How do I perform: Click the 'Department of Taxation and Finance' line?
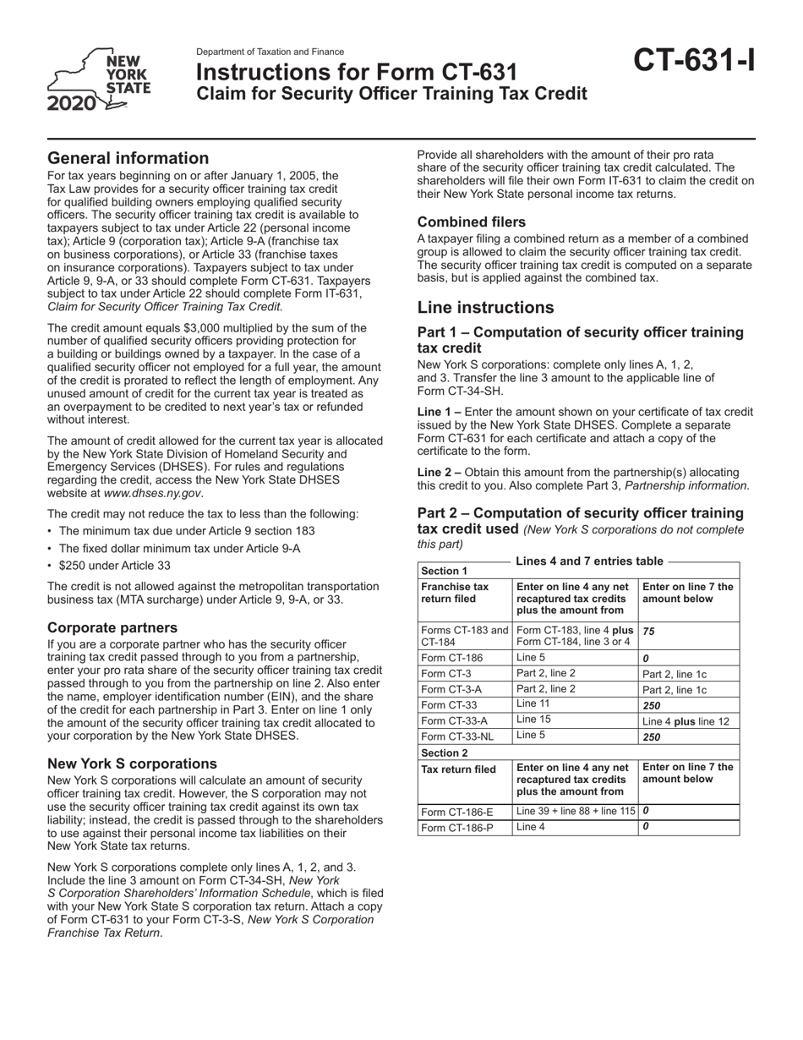pos(270,52)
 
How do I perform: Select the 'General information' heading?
pos(128,158)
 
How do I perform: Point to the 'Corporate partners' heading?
pos(112,627)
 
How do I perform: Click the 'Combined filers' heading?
pos(472,222)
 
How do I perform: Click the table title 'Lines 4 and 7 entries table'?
pos(589,561)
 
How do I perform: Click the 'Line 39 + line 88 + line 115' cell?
pos(575,811)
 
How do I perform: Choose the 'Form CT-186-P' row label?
pos(457,828)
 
